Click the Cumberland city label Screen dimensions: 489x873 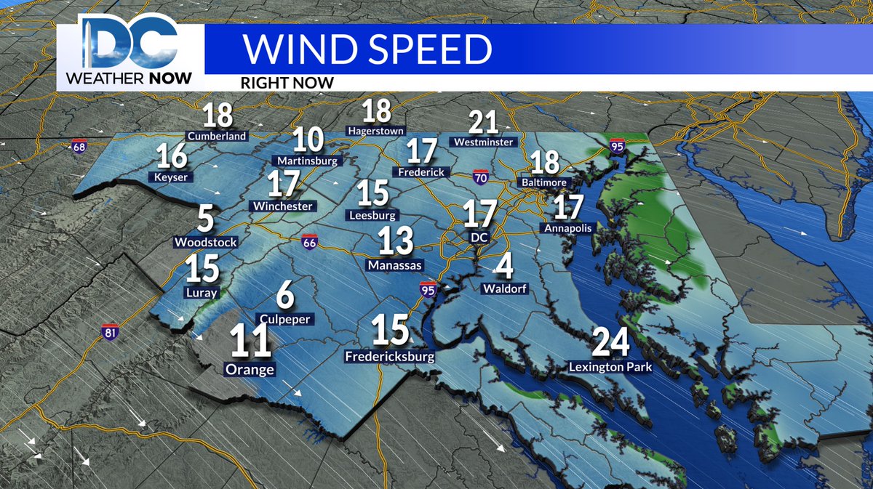218,136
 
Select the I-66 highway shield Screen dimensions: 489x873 309,243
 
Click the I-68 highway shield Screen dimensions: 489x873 79,147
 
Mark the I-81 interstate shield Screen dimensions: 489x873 110,331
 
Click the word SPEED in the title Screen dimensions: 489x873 420,49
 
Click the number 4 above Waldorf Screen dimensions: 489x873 504,267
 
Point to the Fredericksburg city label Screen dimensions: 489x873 389,357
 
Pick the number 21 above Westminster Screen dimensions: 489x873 483,122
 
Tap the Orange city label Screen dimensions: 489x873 250,370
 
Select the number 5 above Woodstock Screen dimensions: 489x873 206,219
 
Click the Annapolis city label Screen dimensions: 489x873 568,228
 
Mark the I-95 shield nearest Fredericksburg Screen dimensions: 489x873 428,289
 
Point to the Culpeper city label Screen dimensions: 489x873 283,319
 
